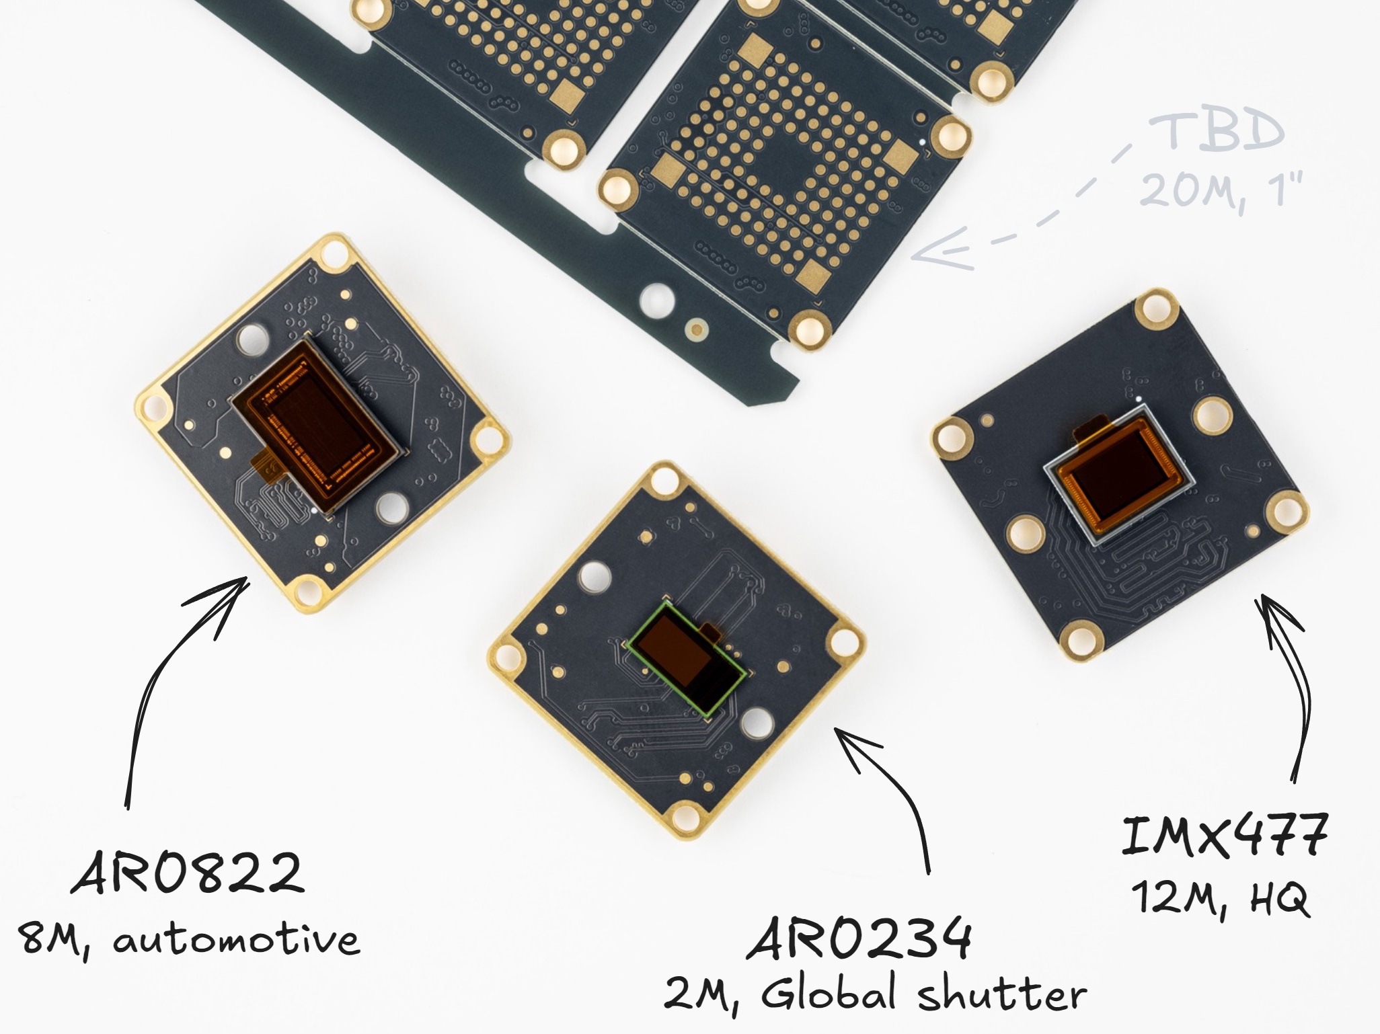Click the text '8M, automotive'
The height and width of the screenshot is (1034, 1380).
click(189, 939)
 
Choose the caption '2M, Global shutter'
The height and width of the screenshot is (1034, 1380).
click(875, 994)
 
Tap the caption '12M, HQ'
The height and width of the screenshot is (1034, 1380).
click(1220, 898)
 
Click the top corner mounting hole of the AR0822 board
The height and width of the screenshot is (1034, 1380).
click(334, 255)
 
